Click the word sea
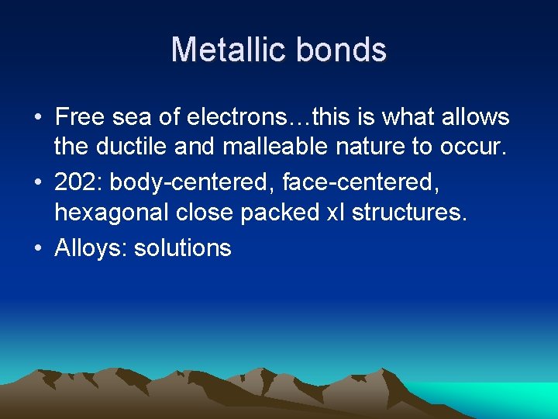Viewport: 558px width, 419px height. pos(129,117)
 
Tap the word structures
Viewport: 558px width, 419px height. pos(409,213)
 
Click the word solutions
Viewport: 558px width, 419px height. pos(183,248)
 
